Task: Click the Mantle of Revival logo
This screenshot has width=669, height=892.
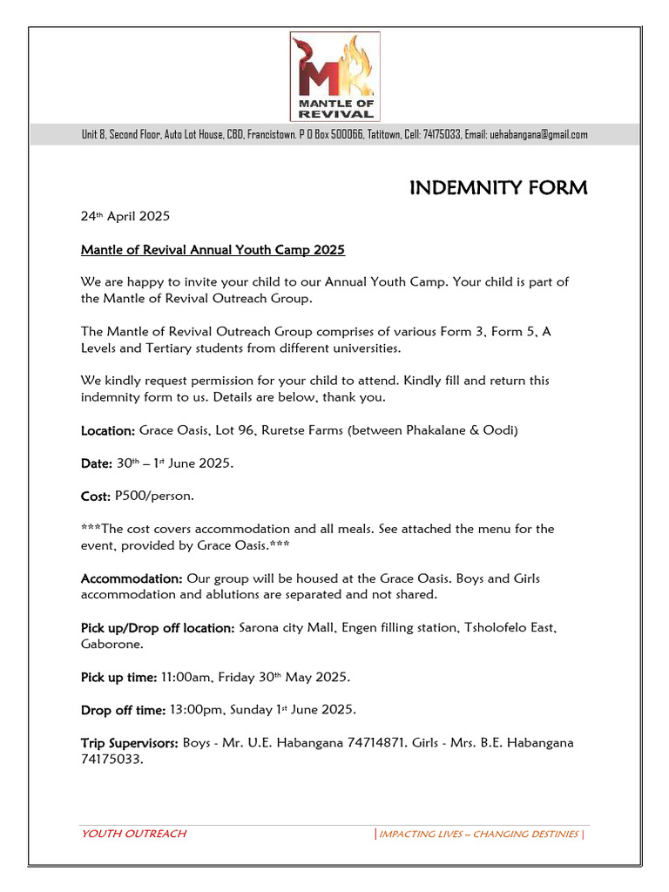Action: tap(334, 77)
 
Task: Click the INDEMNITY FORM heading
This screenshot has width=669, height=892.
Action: tap(498, 188)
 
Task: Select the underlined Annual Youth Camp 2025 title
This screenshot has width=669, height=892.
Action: tap(213, 250)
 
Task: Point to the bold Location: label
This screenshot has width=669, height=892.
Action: tap(108, 430)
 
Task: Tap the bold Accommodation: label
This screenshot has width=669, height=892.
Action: tap(132, 578)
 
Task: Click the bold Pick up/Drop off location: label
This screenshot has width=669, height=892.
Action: tap(158, 628)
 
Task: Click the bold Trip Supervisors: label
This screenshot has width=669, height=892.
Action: tap(130, 743)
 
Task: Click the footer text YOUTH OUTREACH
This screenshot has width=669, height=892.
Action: tap(133, 834)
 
